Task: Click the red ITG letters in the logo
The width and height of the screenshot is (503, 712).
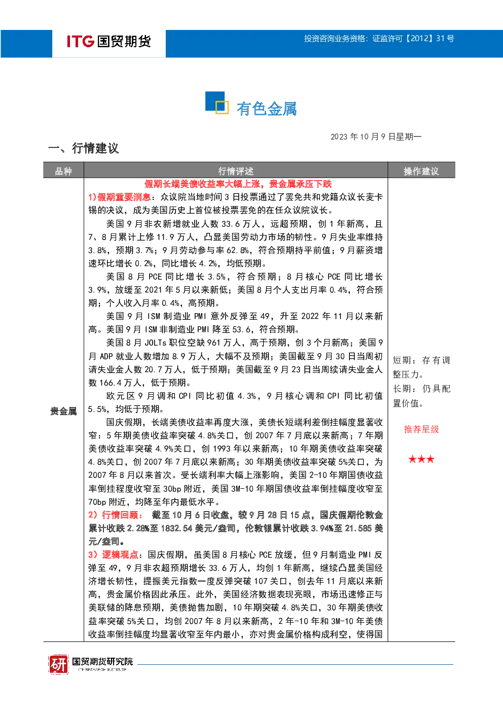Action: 80,41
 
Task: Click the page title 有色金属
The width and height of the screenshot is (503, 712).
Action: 267,109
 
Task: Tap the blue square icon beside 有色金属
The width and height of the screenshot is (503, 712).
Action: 217,103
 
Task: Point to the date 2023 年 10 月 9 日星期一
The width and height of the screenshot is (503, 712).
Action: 376,137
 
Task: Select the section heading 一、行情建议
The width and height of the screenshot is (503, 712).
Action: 84,148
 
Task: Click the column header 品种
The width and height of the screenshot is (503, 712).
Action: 63,172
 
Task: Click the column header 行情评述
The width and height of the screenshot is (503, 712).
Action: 236,172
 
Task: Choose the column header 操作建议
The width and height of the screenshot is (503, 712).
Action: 421,172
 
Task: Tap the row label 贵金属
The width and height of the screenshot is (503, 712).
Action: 63,411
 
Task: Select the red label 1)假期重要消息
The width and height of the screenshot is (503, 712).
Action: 119,197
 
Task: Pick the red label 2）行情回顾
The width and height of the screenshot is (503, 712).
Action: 115,515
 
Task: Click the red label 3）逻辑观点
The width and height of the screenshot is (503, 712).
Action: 113,555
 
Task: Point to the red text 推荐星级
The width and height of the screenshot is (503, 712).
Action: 421,429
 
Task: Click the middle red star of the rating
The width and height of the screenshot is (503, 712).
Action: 421,459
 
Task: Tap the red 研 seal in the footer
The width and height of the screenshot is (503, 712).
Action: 59,664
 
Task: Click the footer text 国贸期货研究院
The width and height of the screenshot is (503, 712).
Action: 102,661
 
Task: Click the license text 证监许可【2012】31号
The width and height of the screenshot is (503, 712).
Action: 413,39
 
